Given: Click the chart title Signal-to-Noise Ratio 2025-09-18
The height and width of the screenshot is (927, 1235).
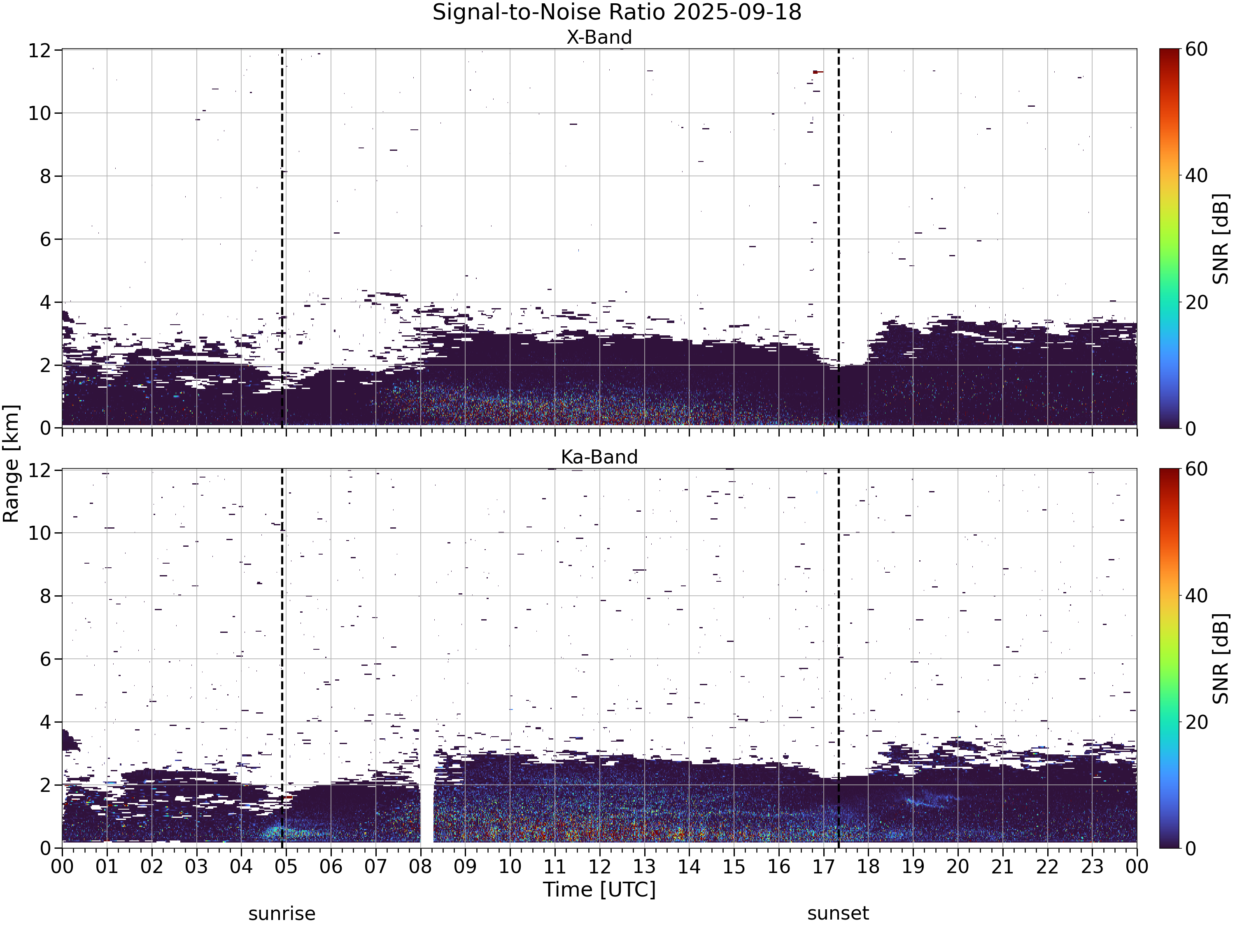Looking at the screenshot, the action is (x=617, y=12).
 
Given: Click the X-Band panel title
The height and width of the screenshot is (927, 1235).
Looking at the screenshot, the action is (x=599, y=37).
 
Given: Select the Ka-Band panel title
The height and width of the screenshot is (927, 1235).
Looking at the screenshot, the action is (x=599, y=457).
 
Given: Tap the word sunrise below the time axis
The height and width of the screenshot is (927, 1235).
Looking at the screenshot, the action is (x=282, y=913).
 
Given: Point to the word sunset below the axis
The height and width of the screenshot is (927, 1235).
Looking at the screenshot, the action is (x=838, y=913).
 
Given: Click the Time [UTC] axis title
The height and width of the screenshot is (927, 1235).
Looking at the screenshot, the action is (x=599, y=890).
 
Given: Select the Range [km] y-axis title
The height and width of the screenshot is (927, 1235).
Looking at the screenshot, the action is (x=11, y=464).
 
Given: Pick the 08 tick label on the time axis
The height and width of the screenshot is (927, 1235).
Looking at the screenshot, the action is (x=420, y=867).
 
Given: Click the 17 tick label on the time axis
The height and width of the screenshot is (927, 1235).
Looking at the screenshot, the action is (x=823, y=867).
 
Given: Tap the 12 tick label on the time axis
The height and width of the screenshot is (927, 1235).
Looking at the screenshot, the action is (x=600, y=867).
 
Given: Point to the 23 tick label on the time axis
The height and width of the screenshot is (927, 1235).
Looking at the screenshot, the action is (x=1092, y=867).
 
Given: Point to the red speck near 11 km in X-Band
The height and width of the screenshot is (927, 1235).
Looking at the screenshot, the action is (x=818, y=72).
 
